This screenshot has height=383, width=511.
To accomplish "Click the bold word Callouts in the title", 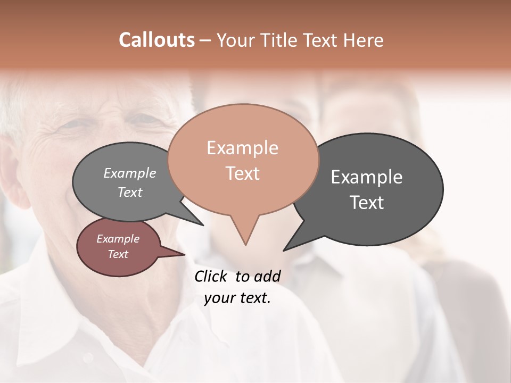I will click(x=156, y=40).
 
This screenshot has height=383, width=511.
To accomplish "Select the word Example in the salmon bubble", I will click(x=242, y=148).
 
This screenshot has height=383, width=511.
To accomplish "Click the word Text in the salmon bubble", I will click(x=242, y=173).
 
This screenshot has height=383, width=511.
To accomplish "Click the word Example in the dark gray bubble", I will click(x=366, y=177).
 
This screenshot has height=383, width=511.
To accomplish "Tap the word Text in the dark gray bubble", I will click(x=366, y=203).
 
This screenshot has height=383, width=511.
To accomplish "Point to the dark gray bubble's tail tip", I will click(x=284, y=250).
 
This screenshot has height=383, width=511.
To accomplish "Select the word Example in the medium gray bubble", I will click(x=129, y=173).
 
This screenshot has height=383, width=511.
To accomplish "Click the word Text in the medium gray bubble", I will click(x=129, y=192).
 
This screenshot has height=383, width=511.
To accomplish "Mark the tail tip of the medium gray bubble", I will click(x=203, y=225).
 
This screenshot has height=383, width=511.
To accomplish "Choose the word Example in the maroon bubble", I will click(x=118, y=239).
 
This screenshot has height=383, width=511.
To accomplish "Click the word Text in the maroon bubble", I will click(x=118, y=254).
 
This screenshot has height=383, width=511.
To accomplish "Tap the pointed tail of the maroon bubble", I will click(x=184, y=254).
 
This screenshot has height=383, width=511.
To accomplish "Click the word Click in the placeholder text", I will click(x=212, y=276).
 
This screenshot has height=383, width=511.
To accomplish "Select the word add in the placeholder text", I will click(x=267, y=276).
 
